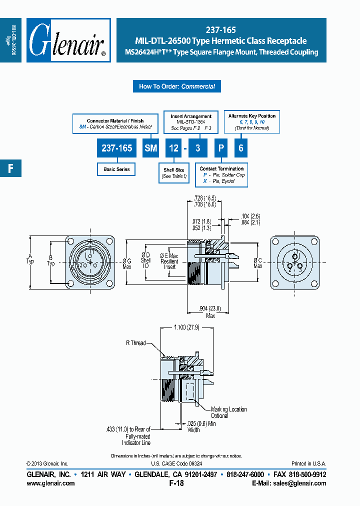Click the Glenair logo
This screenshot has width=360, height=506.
pos(68,40)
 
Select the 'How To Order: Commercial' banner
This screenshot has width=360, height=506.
pos(176,86)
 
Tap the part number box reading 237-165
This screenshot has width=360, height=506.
pos(116,148)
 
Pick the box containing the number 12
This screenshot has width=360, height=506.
pos(173,148)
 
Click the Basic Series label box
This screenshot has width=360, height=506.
pos(116,169)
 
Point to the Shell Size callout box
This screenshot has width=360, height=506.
pos(173,173)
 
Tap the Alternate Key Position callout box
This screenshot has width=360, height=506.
pos(251,122)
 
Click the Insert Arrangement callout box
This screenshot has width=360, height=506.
pos(191,122)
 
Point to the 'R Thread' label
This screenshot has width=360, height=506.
pos(135,343)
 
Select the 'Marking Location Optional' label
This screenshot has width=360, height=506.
pos(228,412)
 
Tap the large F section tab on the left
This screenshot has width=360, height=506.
pos(10,168)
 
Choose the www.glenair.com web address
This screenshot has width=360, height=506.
pos(50,483)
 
